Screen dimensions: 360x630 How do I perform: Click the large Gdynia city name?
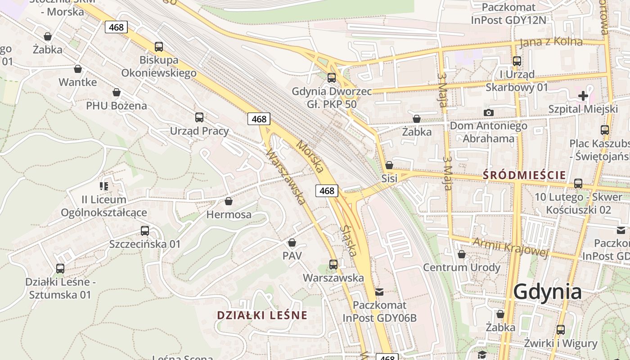tap(547, 292)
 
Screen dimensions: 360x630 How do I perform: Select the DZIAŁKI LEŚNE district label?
tap(262, 315)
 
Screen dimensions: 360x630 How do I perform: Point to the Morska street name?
tap(310, 157)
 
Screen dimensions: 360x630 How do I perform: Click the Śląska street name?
tap(349, 241)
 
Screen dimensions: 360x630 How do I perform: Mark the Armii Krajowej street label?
tap(510, 247)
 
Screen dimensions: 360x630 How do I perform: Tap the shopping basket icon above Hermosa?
tap(229, 201)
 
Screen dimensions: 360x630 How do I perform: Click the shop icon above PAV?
tap(292, 243)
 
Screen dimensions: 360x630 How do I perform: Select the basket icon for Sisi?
tap(389, 165)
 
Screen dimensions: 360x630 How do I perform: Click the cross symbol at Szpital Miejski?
tap(583, 95)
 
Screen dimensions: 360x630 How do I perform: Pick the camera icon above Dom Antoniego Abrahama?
tap(488, 112)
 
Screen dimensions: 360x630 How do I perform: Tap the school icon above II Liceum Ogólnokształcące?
tap(104, 186)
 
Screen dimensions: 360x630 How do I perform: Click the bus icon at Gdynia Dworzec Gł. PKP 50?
tap(332, 77)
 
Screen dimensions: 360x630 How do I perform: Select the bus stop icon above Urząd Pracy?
tap(199, 117)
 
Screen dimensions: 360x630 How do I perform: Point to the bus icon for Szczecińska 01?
tap(145, 231)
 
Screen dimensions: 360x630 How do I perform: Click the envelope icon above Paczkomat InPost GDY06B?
tap(380, 292)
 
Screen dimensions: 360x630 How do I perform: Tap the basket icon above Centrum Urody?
tap(461, 254)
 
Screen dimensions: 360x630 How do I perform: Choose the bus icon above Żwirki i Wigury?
tap(561, 330)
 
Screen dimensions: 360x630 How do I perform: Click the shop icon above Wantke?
tap(78, 69)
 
